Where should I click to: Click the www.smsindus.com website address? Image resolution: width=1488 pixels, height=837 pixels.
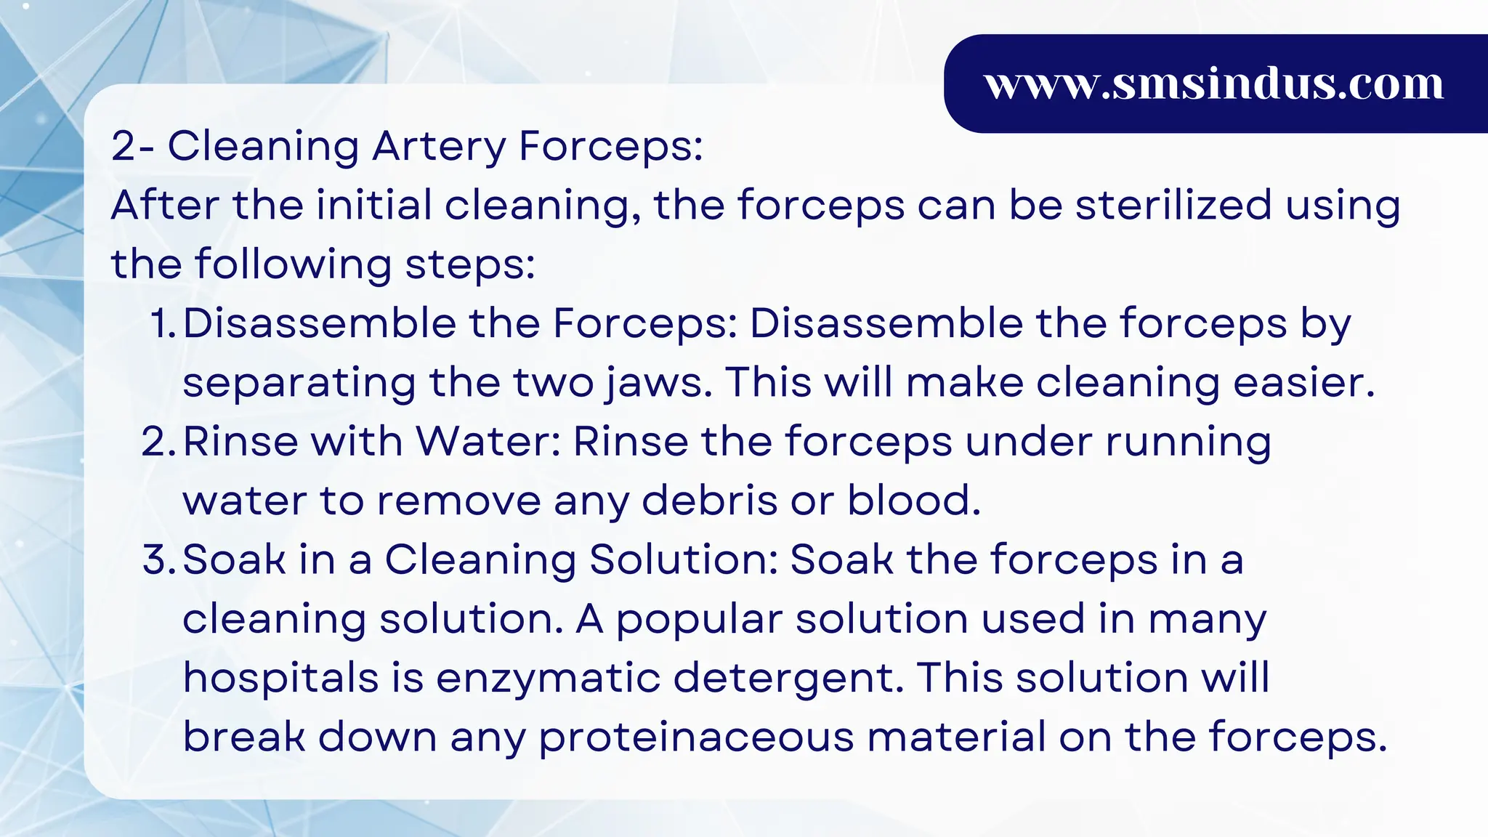[1214, 84]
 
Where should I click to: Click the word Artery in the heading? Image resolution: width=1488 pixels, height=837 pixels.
[438, 146]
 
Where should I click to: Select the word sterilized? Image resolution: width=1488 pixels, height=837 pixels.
[1173, 205]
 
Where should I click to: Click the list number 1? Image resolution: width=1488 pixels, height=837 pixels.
[163, 323]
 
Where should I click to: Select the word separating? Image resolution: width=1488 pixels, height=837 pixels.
[299, 383]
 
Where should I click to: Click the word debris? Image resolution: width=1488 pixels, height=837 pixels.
[710, 501]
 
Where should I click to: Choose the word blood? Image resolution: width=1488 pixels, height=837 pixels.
[914, 501]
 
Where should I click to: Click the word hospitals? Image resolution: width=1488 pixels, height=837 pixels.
[280, 679]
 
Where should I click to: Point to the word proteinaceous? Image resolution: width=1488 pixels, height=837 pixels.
[696, 738]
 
